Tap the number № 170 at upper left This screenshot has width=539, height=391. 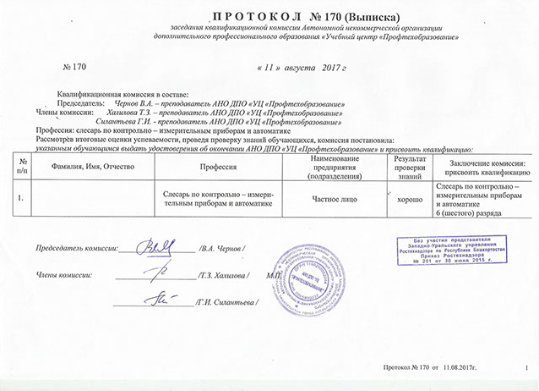pos(75,65)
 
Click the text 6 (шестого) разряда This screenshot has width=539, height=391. pos(469,212)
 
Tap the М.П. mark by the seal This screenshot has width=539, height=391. pos(274,276)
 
